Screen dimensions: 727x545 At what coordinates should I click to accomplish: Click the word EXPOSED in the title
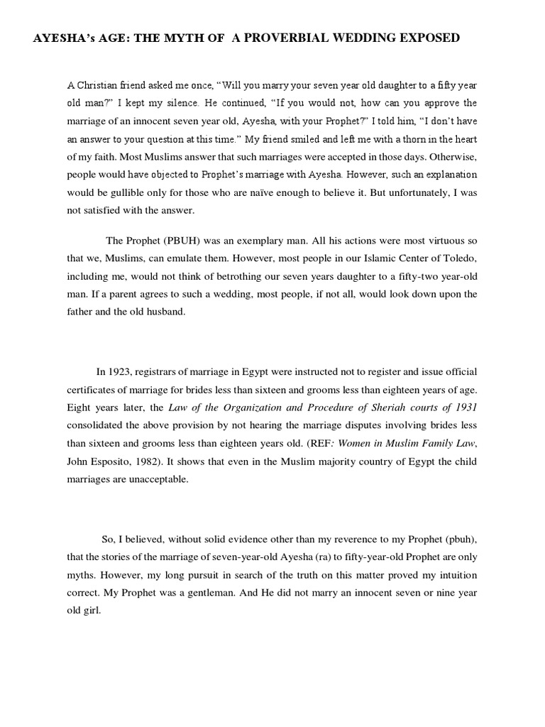tap(427, 38)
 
